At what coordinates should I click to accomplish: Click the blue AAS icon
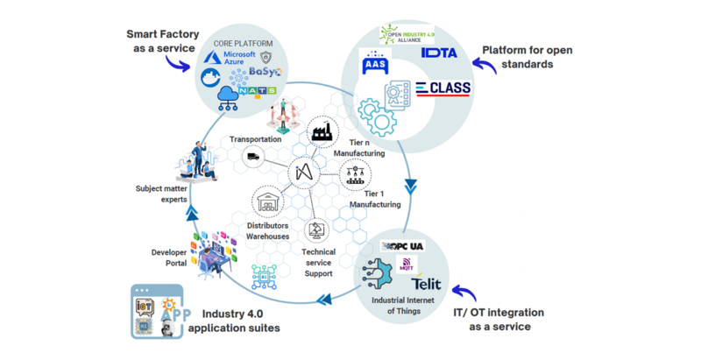coord(375,65)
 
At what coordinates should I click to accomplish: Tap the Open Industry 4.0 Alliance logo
coord(406,35)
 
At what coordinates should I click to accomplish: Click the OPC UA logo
coord(404,246)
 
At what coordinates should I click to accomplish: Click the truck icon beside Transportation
coord(253,157)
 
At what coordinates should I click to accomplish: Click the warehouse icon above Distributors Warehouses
coord(267,200)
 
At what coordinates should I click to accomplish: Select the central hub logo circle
coord(303,173)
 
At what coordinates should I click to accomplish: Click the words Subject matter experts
coord(161,194)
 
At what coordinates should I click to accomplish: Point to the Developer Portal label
coord(169,258)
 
